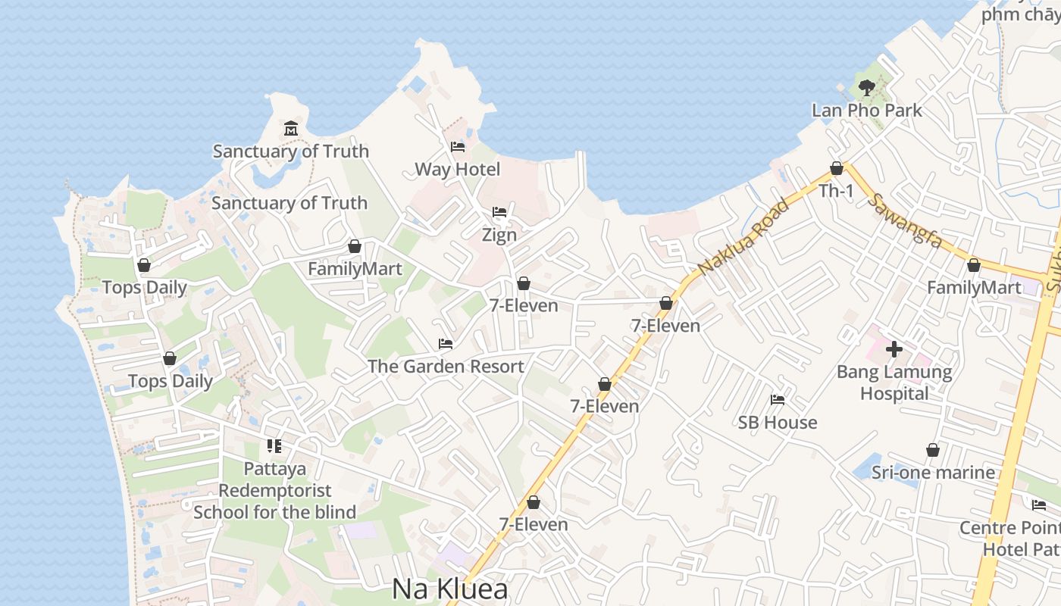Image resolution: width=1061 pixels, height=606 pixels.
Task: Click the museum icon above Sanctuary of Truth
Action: (x=291, y=128)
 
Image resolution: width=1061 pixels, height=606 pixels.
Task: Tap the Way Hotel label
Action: (x=457, y=170)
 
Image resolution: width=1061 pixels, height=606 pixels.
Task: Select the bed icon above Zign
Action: (x=499, y=212)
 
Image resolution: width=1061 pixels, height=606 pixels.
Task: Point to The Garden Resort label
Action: (x=446, y=367)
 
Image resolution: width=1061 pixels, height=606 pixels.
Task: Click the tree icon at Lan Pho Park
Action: (x=867, y=88)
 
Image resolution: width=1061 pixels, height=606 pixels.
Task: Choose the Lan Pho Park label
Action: (x=867, y=111)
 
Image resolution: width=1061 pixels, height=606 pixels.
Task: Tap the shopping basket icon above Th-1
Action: (x=837, y=168)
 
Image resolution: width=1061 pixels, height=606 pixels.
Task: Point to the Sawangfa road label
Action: (x=906, y=220)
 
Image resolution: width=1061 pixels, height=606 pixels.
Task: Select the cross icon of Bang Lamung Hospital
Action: (x=894, y=349)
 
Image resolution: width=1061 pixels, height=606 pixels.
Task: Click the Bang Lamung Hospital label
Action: (x=894, y=383)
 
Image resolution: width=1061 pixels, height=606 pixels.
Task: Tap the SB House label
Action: (x=778, y=423)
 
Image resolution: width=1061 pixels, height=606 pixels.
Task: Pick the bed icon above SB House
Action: (x=778, y=400)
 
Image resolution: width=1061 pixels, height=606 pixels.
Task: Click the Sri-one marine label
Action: (x=933, y=473)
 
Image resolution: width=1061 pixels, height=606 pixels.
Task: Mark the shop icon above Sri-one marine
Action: (x=933, y=450)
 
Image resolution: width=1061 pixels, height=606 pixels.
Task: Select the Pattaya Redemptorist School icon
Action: (x=274, y=446)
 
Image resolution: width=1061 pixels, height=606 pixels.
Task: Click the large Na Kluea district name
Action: (x=449, y=589)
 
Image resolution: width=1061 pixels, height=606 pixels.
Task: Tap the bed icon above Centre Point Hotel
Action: (x=1038, y=505)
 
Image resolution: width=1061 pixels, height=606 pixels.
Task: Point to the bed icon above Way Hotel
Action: (x=457, y=147)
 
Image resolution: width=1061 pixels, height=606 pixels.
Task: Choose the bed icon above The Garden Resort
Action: (x=446, y=344)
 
